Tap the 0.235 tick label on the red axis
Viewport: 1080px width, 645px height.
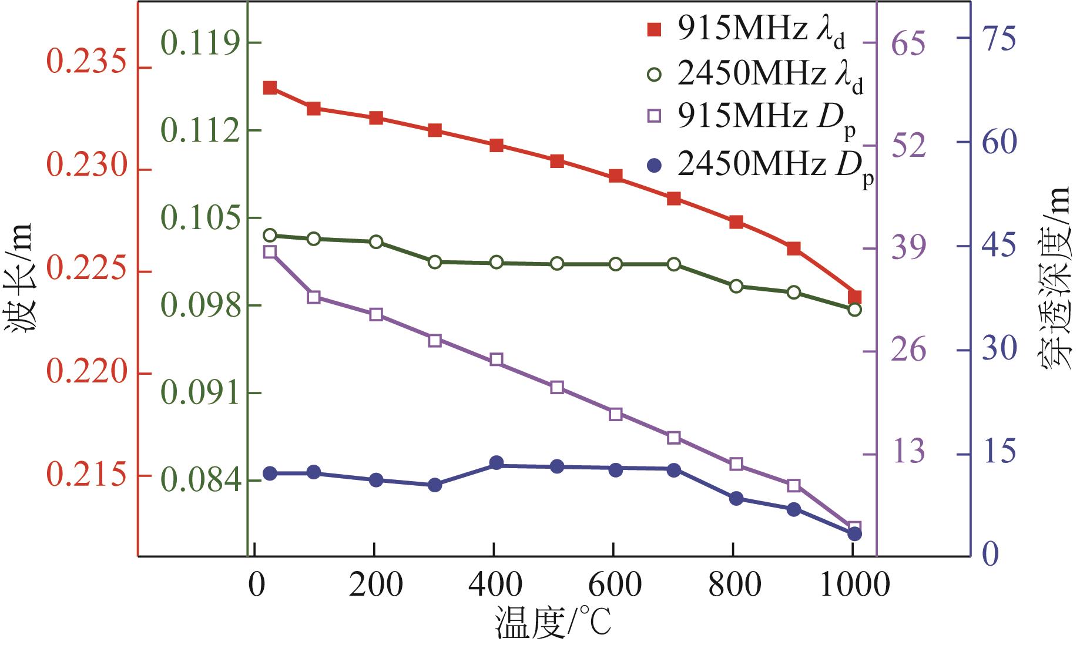point(87,63)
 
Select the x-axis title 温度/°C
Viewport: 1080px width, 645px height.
point(553,624)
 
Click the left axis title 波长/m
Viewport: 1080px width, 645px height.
point(20,282)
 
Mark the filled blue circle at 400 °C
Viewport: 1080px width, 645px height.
point(497,462)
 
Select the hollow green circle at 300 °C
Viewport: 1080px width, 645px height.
point(435,262)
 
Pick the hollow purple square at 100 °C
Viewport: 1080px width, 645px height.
point(314,297)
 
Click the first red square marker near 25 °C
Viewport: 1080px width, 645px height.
point(270,88)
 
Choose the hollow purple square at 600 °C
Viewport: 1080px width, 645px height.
point(616,415)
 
